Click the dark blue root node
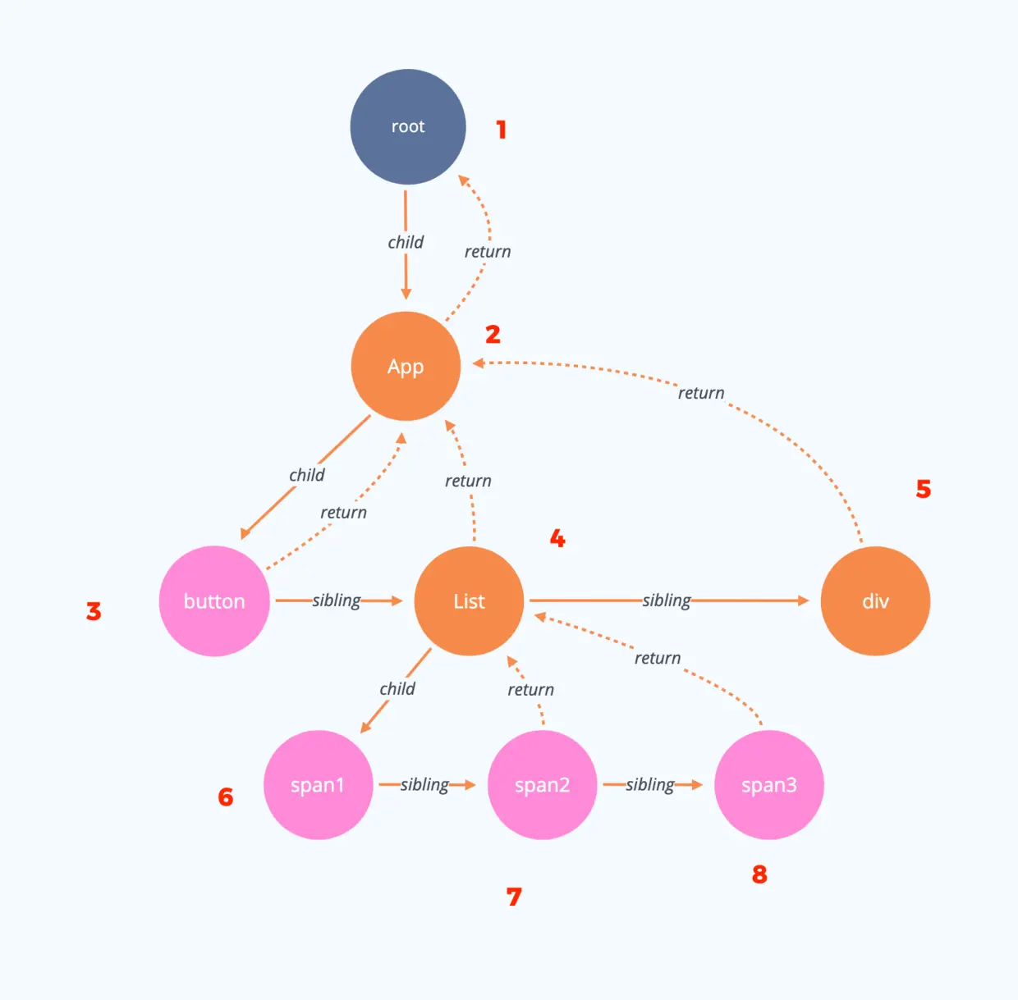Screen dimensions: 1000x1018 tap(408, 127)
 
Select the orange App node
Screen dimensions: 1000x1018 tap(406, 366)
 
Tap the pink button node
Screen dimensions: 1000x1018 tap(214, 601)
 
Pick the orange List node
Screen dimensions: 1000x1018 tap(469, 601)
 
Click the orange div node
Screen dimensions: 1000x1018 tap(875, 601)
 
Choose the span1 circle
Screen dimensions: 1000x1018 tap(318, 785)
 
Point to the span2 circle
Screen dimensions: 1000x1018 tap(542, 785)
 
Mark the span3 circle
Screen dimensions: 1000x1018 tap(769, 785)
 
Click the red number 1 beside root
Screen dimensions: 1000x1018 tap(501, 130)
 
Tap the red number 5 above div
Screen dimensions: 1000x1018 tap(924, 490)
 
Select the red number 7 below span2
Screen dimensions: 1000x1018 tap(514, 897)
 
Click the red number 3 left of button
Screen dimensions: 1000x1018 tap(94, 611)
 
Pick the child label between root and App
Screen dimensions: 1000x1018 tap(406, 242)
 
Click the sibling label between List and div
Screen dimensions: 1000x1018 tap(667, 600)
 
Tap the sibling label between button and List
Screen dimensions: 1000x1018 tap(337, 600)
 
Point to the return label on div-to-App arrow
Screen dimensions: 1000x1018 tap(701, 393)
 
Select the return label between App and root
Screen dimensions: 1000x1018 tap(488, 252)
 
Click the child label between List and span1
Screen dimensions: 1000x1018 tap(397, 689)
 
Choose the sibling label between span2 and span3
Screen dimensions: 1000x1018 tap(650, 785)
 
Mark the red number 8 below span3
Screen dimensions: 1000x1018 tap(759, 874)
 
